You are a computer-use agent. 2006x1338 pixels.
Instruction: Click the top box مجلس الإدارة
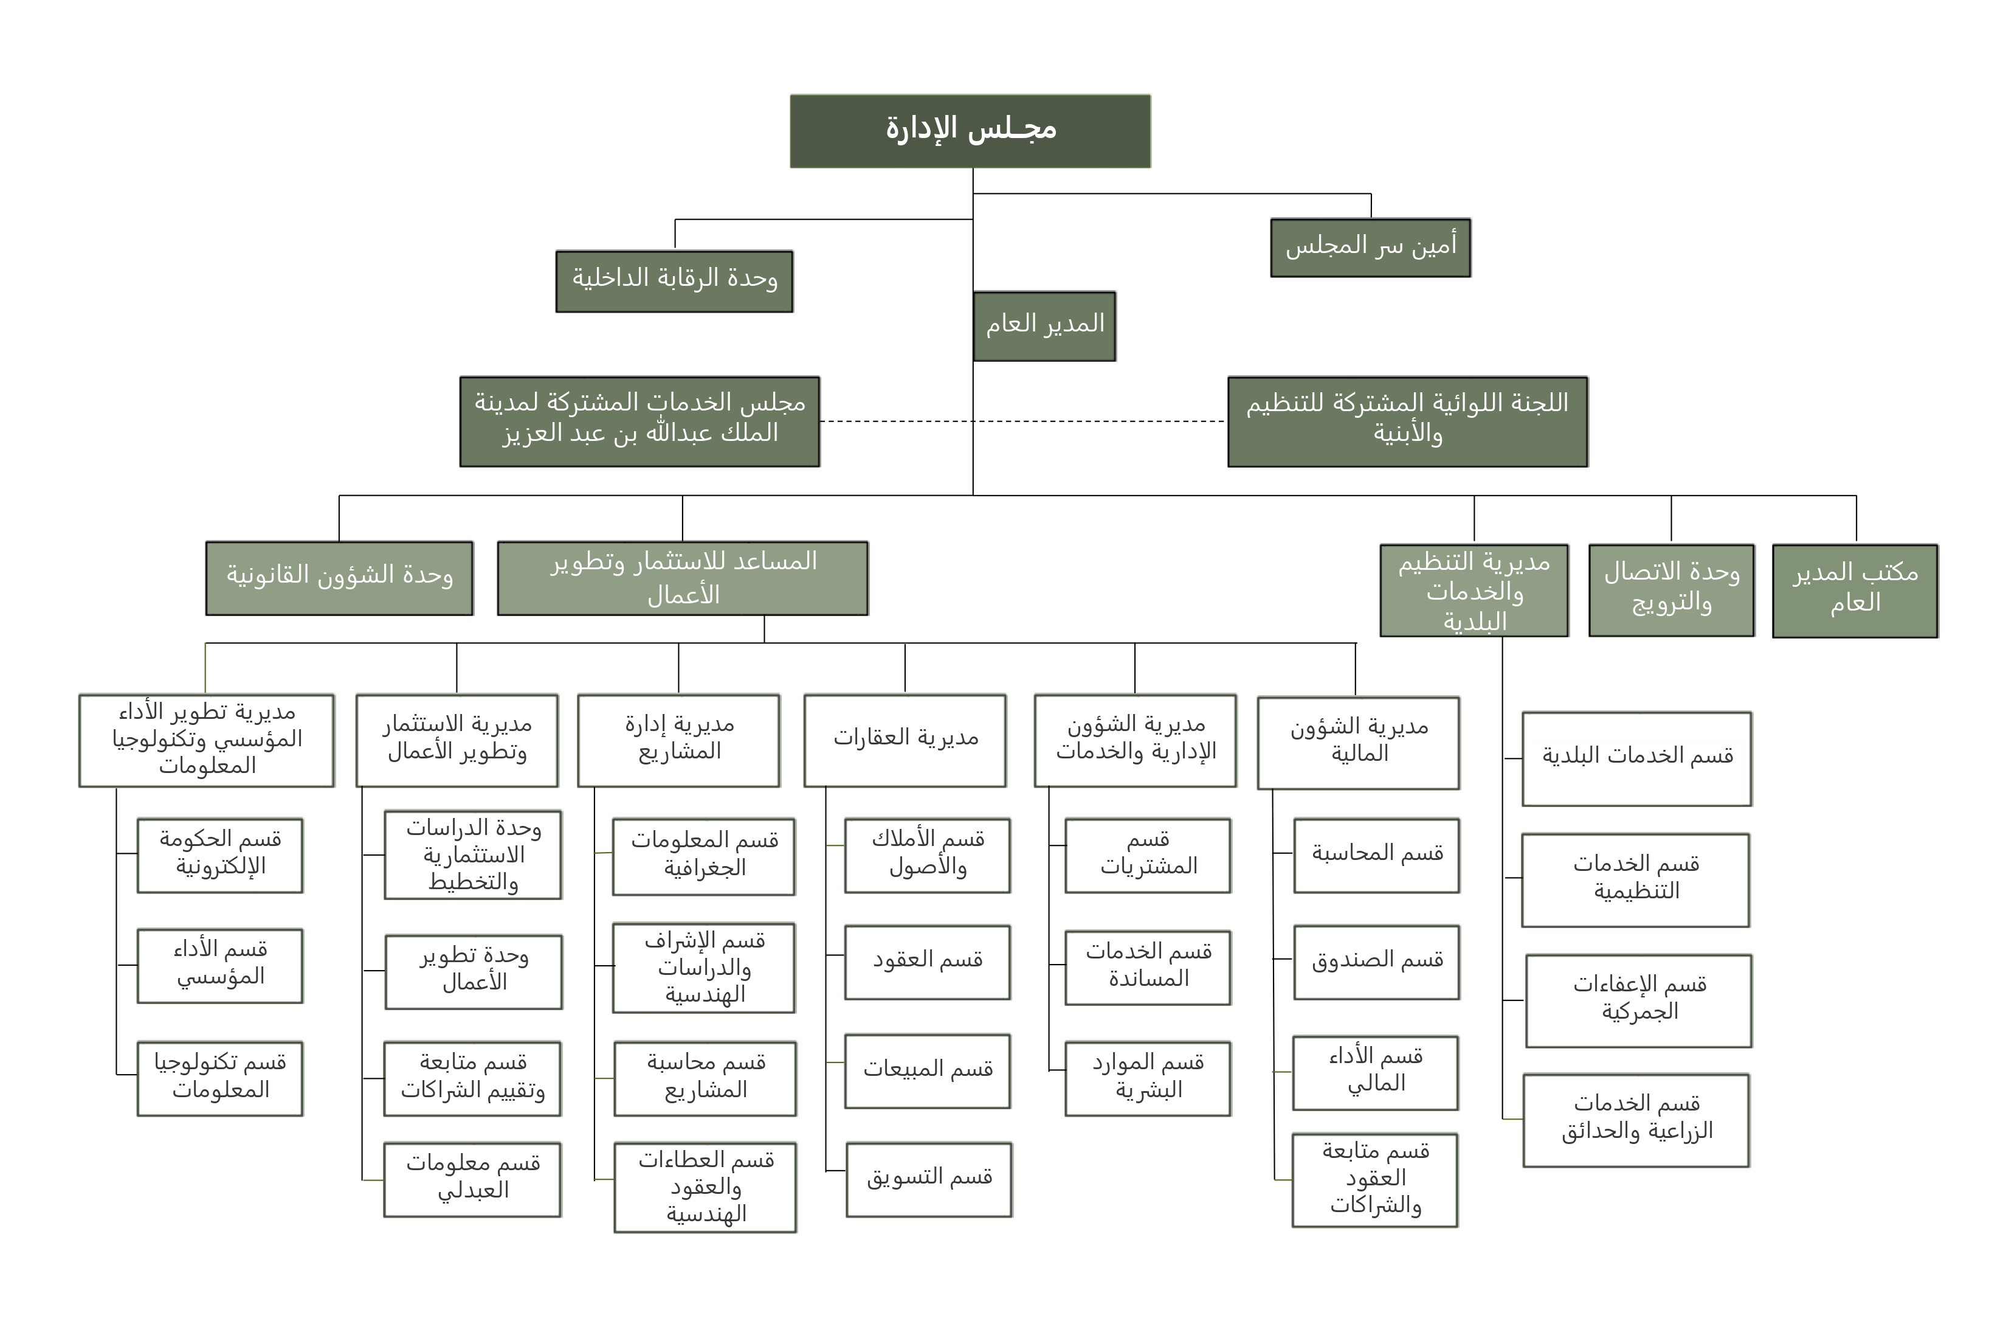pyautogui.click(x=970, y=131)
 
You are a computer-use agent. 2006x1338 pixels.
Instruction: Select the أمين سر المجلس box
pyautogui.click(x=1370, y=248)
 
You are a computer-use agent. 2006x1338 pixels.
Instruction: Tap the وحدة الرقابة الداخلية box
pyautogui.click(x=674, y=281)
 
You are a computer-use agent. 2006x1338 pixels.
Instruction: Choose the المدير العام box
pyautogui.click(x=1044, y=326)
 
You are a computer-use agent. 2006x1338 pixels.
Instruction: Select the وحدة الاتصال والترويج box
pyautogui.click(x=1671, y=590)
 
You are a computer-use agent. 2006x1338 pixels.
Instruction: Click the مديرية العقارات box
pyautogui.click(x=905, y=739)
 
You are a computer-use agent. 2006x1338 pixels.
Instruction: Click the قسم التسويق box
pyautogui.click(x=929, y=1179)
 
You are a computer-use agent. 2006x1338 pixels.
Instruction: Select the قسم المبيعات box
pyautogui.click(x=927, y=1070)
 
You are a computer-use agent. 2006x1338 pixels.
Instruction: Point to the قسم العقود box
pyautogui.click(x=927, y=962)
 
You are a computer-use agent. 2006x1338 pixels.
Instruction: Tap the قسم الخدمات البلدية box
pyautogui.click(x=1636, y=758)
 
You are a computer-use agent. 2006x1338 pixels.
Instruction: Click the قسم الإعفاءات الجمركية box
pyautogui.click(x=1638, y=1000)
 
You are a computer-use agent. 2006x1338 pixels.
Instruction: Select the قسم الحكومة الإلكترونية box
pyautogui.click(x=220, y=855)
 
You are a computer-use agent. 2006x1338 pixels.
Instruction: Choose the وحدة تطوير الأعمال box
pyautogui.click(x=474, y=971)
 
